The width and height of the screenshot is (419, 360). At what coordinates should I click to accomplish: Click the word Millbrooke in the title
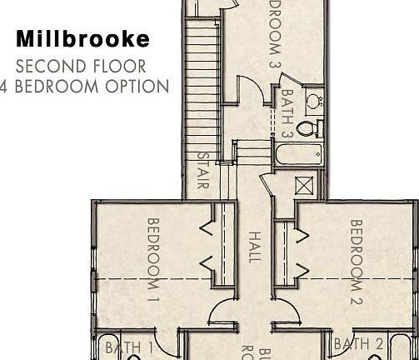(83, 39)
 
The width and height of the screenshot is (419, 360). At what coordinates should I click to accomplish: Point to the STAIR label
(202, 170)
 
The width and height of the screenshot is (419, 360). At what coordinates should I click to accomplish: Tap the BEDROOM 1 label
(153, 258)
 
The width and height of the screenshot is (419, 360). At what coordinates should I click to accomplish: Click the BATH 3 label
(287, 113)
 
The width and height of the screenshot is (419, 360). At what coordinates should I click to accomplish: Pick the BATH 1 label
(130, 347)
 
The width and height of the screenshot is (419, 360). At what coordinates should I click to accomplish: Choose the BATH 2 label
(358, 344)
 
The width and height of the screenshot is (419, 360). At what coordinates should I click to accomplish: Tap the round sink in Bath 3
(314, 102)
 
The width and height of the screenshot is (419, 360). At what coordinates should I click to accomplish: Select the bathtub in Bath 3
(298, 154)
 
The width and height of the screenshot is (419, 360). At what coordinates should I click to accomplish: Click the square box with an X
(304, 185)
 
